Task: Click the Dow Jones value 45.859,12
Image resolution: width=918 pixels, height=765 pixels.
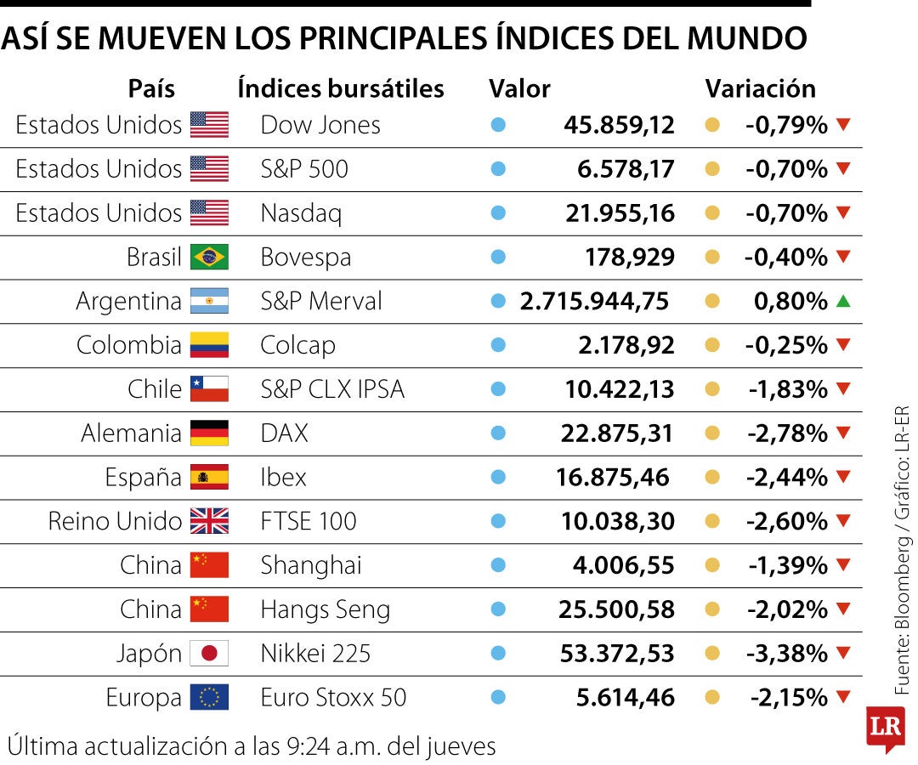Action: coord(619,125)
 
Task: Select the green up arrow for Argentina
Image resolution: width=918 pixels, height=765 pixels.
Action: coord(842,301)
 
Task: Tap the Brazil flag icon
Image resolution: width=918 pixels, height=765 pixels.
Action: coord(209,257)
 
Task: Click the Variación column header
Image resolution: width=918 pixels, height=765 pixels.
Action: coord(760,88)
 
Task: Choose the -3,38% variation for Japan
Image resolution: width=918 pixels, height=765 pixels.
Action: coord(786,654)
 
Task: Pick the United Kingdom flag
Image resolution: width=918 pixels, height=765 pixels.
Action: coord(209,521)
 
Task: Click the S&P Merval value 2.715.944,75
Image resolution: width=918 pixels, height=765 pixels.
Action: coord(594,301)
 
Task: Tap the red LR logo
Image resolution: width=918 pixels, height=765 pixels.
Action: coord(884,728)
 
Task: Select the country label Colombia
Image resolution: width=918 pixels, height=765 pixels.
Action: coord(128,345)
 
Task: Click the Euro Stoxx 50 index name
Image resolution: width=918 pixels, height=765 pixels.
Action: coord(333,698)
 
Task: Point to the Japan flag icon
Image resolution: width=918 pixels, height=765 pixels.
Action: coord(209,654)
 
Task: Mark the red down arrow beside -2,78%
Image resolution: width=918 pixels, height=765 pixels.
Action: coord(842,433)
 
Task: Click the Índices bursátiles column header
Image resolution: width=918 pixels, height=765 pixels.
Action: coord(341,88)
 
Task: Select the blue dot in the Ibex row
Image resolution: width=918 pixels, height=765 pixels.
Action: coord(498,478)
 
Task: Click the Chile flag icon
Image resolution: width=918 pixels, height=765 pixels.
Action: coord(209,389)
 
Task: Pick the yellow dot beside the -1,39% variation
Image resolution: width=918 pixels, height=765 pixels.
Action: coord(712,565)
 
